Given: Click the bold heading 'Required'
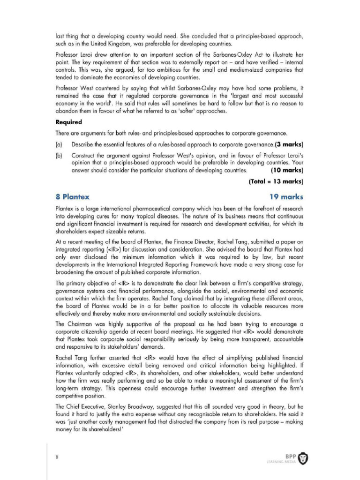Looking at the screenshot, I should pyautogui.click(x=69, y=122).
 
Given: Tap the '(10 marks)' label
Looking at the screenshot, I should pyautogui.click(x=284, y=170).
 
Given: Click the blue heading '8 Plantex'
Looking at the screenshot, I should pyautogui.click(x=73, y=196).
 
